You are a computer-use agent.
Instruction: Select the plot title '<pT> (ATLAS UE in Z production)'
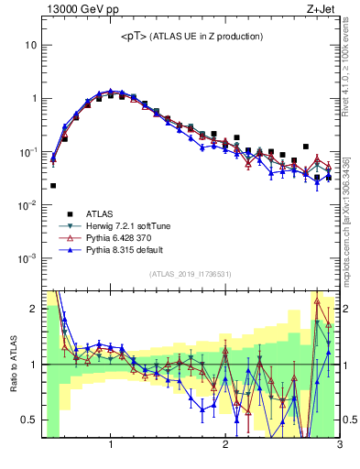pos(191,37)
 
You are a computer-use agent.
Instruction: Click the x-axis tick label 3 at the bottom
pos(339,445)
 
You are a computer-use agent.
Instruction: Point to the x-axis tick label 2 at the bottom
pos(225,445)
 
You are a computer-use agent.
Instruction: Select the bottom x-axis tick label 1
pos(111,445)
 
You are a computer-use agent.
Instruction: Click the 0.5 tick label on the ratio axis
pos(27,420)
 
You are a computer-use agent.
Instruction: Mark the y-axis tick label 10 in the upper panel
pos(30,45)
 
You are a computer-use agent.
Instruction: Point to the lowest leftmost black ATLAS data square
pos(53,186)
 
